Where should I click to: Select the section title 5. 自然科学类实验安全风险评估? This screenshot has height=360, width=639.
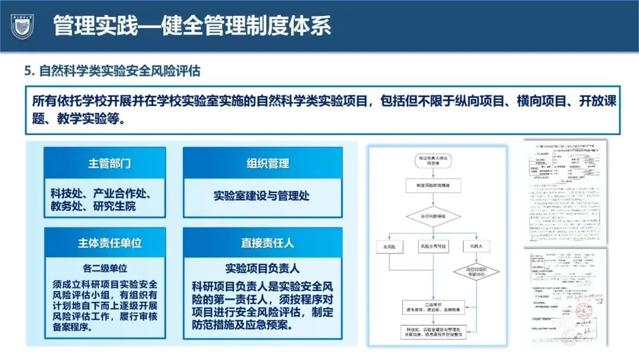112,71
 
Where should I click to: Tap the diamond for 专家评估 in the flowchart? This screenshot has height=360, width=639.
477,272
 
